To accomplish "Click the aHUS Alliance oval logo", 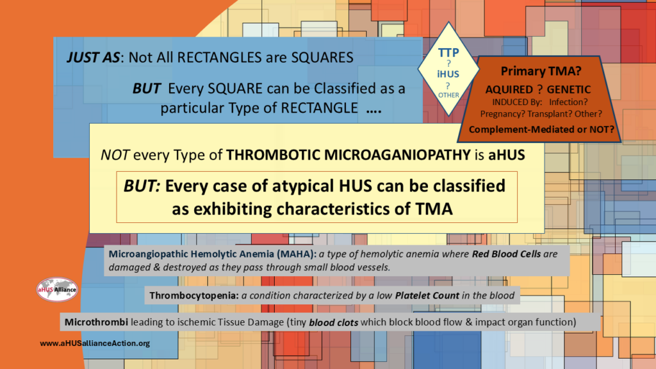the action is click(x=57, y=290).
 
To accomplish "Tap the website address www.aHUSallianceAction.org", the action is click(x=95, y=343).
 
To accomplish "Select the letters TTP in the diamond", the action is click(x=448, y=53).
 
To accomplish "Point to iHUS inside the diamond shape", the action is click(x=448, y=74).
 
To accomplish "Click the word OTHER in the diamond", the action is click(x=448, y=95).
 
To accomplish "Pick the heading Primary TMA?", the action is click(x=541, y=71).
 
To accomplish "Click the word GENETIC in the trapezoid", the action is click(x=569, y=90).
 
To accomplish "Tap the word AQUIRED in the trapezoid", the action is click(x=509, y=90).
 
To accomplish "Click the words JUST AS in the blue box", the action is click(x=94, y=57).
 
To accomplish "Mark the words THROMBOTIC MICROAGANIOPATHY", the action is click(x=348, y=155).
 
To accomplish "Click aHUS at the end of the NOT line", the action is click(x=507, y=155).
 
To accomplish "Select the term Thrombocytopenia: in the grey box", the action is click(x=194, y=295).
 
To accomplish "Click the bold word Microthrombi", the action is click(x=96, y=322).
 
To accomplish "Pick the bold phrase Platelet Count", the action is click(x=427, y=295).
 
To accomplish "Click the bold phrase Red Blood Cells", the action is click(x=506, y=254).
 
